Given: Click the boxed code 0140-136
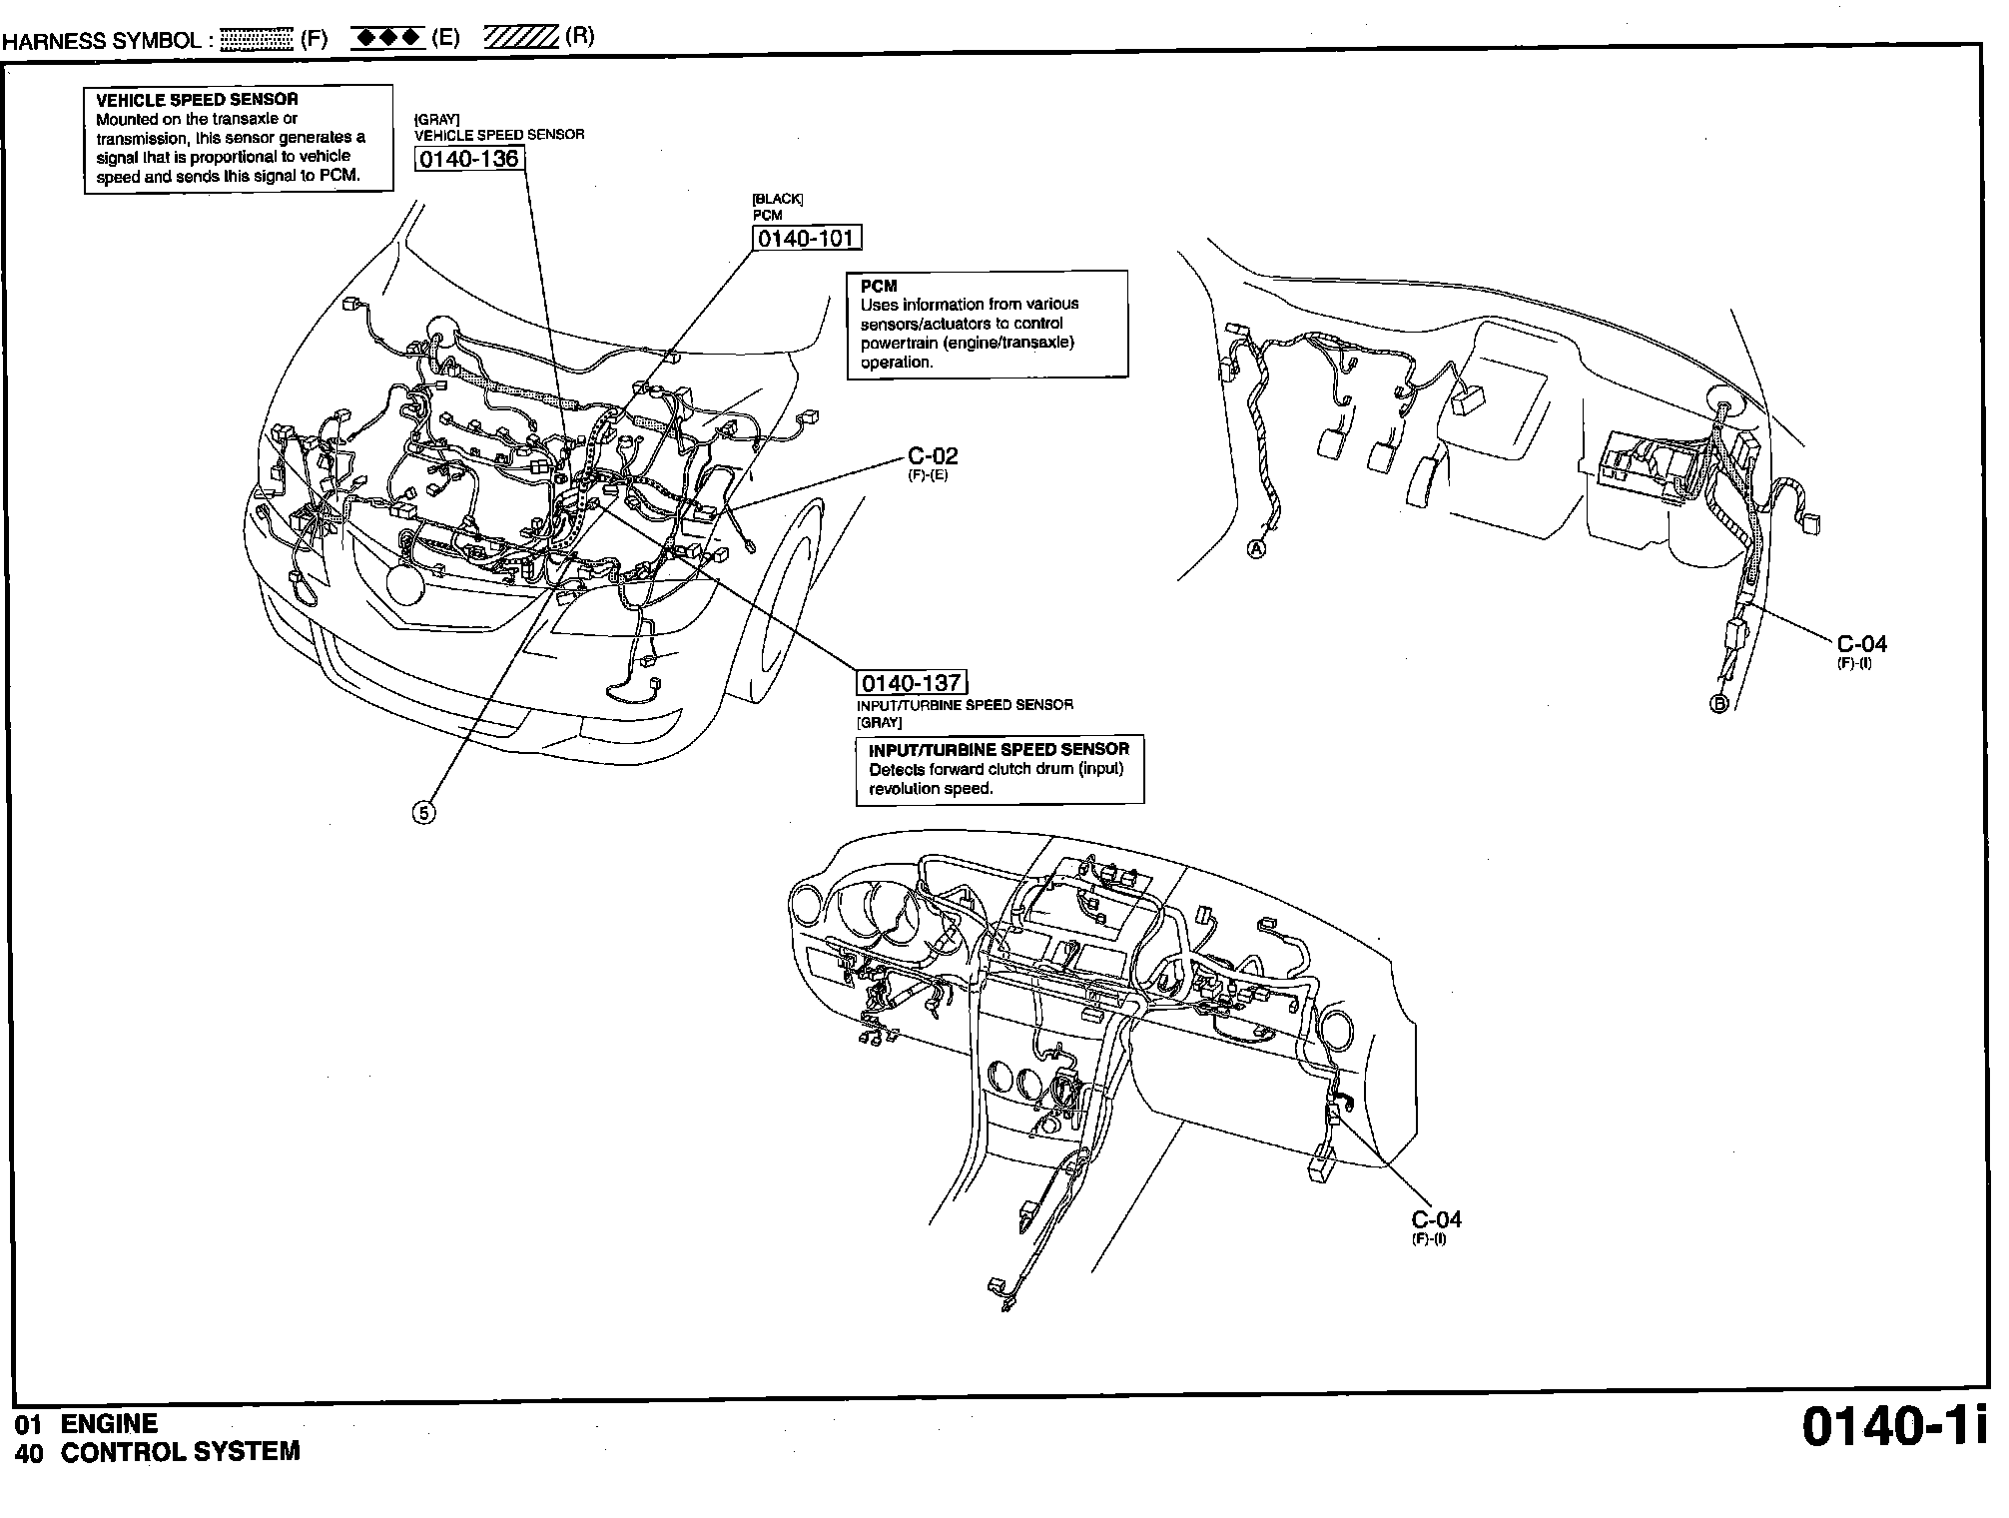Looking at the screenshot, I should tap(469, 159).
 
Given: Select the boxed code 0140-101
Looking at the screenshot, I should tap(806, 239).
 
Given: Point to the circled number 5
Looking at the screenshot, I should tap(423, 813).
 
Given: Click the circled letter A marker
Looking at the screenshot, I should tap(1257, 549).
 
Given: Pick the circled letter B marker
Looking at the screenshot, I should tap(1719, 703).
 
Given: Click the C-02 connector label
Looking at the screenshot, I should tap(933, 456).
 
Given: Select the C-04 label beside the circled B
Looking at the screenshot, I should tap(1861, 644).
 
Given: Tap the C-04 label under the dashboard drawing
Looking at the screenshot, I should tap(1436, 1219).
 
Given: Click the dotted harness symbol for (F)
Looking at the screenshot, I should tap(256, 40).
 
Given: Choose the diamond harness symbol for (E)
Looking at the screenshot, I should tap(388, 38).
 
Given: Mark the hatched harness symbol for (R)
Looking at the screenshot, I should tap(520, 38).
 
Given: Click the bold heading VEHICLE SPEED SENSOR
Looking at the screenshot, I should tap(197, 100).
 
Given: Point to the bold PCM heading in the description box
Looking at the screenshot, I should tap(879, 287).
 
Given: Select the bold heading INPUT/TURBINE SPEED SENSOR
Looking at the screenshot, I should tap(999, 749).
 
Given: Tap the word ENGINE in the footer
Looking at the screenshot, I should tap(109, 1424).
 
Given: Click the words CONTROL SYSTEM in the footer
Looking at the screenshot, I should tap(180, 1452).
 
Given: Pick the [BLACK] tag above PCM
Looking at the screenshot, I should tap(777, 199).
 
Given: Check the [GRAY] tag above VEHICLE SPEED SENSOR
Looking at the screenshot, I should tap(436, 119).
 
